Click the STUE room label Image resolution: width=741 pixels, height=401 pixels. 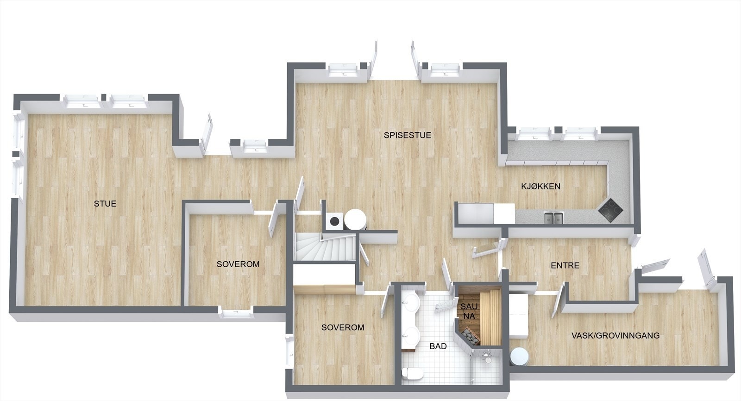105,204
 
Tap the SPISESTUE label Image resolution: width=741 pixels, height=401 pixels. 408,136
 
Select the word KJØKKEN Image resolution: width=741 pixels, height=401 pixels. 541,187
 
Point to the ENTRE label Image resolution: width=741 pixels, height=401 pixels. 565,266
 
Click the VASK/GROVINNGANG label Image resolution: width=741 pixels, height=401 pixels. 615,336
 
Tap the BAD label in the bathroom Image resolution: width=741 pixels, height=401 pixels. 438,346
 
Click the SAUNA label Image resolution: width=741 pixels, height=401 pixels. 469,311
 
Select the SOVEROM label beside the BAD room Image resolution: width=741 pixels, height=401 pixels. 343,327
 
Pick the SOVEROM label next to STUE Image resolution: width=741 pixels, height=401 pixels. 238,264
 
